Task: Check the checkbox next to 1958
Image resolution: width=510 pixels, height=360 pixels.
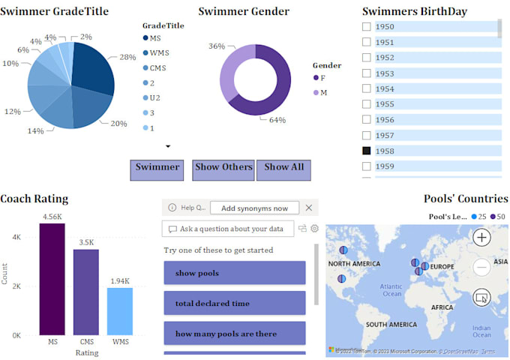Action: (367, 151)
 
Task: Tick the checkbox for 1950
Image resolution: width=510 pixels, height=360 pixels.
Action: (367, 27)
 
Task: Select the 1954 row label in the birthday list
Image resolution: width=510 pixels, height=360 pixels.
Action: (385, 89)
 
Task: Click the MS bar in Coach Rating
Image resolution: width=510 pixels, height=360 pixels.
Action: (52, 279)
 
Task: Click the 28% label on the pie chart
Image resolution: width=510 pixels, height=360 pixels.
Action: (127, 57)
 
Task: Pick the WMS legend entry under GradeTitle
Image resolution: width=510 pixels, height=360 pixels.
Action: (159, 52)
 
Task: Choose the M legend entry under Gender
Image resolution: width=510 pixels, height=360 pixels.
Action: (323, 92)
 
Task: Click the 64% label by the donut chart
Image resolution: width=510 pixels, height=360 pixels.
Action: (277, 120)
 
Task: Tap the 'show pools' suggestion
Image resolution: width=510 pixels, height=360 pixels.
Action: (234, 273)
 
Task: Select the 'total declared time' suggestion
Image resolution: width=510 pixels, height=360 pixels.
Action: (234, 304)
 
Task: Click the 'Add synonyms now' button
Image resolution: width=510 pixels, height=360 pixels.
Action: (254, 208)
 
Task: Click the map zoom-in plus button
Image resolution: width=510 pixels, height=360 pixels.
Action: (481, 238)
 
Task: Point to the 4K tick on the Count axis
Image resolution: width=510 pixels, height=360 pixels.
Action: (16, 237)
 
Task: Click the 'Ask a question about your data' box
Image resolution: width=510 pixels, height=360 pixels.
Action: (229, 229)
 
